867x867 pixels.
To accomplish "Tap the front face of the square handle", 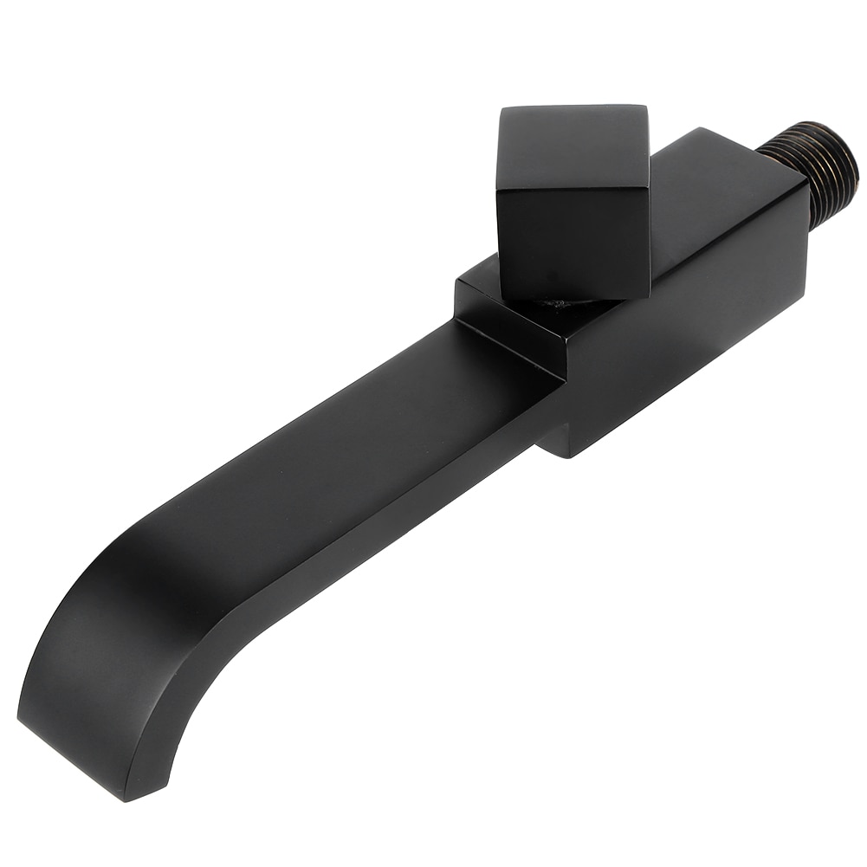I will [573, 238].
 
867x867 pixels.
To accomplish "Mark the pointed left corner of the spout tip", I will [19, 715].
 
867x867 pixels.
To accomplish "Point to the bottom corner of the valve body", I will [563, 454].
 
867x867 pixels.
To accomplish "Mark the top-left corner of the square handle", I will [502, 110].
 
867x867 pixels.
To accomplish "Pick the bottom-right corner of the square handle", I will [648, 294].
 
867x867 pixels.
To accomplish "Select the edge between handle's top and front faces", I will [573, 188].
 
